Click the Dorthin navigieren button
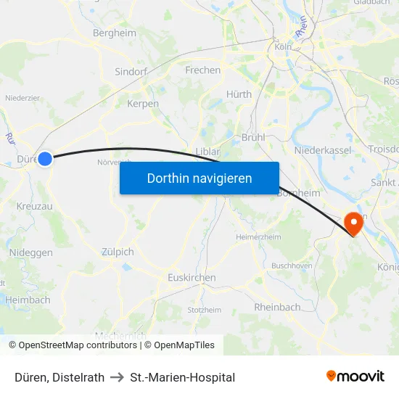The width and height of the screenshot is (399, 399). pyautogui.click(x=199, y=178)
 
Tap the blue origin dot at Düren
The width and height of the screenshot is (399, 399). pyautogui.click(x=45, y=158)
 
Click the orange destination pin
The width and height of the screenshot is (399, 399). pyautogui.click(x=355, y=223)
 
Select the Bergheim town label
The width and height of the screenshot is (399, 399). pyautogui.click(x=115, y=33)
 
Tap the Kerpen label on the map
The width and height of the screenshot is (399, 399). pyautogui.click(x=142, y=104)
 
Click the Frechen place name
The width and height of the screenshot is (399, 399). pyautogui.click(x=203, y=70)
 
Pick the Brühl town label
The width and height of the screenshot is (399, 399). pyautogui.click(x=253, y=137)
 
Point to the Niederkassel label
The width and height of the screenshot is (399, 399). pyautogui.click(x=323, y=150)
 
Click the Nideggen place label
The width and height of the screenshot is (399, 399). pyautogui.click(x=31, y=252)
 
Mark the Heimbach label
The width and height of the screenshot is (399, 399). pyautogui.click(x=28, y=300)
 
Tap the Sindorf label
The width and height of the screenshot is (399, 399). pyautogui.click(x=132, y=72)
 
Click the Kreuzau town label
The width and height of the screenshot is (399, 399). pyautogui.click(x=35, y=207)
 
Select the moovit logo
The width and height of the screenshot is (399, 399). pyautogui.click(x=355, y=376)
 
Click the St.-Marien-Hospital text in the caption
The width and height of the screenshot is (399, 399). pyautogui.click(x=182, y=377)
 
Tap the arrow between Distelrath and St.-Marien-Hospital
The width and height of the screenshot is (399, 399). pyautogui.click(x=117, y=377)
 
